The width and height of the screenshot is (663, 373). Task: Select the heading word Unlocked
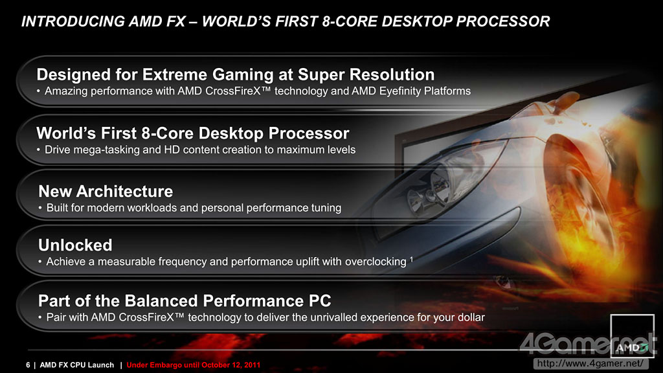(x=75, y=245)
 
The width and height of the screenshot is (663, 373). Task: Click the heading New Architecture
(x=106, y=192)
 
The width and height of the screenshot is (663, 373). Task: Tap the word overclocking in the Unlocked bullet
(x=376, y=262)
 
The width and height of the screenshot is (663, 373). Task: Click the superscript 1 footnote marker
(x=411, y=259)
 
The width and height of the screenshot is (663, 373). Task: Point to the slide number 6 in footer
(x=28, y=365)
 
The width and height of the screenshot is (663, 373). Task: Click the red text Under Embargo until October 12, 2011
(x=193, y=365)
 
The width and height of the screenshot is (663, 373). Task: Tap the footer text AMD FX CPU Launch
(x=77, y=365)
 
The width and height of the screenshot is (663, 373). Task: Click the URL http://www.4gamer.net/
(x=590, y=363)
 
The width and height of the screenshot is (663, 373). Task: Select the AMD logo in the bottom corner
(x=632, y=336)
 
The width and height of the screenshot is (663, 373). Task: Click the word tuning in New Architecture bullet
(x=326, y=208)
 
